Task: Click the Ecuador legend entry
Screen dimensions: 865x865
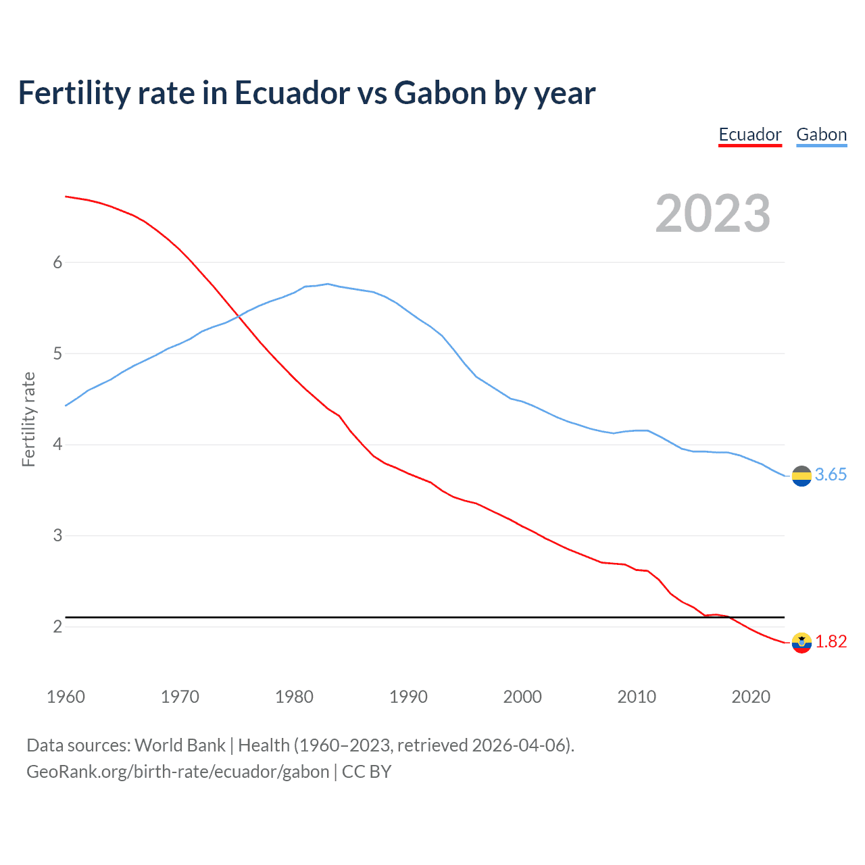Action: (749, 134)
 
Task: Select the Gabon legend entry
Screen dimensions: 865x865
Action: (821, 134)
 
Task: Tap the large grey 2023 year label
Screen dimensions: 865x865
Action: (712, 214)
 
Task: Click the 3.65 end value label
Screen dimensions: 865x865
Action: (831, 475)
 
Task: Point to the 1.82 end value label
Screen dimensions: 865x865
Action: (831, 641)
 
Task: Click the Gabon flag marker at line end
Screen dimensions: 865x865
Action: (801, 476)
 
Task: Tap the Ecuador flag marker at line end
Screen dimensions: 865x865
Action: (801, 643)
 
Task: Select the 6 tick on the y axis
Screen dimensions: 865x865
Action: (57, 262)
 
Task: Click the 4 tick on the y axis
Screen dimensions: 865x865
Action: (57, 445)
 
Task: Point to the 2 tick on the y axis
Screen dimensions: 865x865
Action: (57, 626)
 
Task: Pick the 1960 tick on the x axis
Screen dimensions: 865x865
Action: (66, 697)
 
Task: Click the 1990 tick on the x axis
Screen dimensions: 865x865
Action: (408, 697)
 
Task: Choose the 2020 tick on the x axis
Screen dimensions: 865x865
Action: (751, 697)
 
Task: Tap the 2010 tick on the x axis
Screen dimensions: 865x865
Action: (637, 697)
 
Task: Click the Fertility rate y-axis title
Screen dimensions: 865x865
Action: (28, 419)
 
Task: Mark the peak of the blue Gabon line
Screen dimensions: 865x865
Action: (328, 284)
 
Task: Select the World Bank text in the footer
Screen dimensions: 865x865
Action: (180, 745)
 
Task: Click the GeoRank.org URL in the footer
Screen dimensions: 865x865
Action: (178, 772)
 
